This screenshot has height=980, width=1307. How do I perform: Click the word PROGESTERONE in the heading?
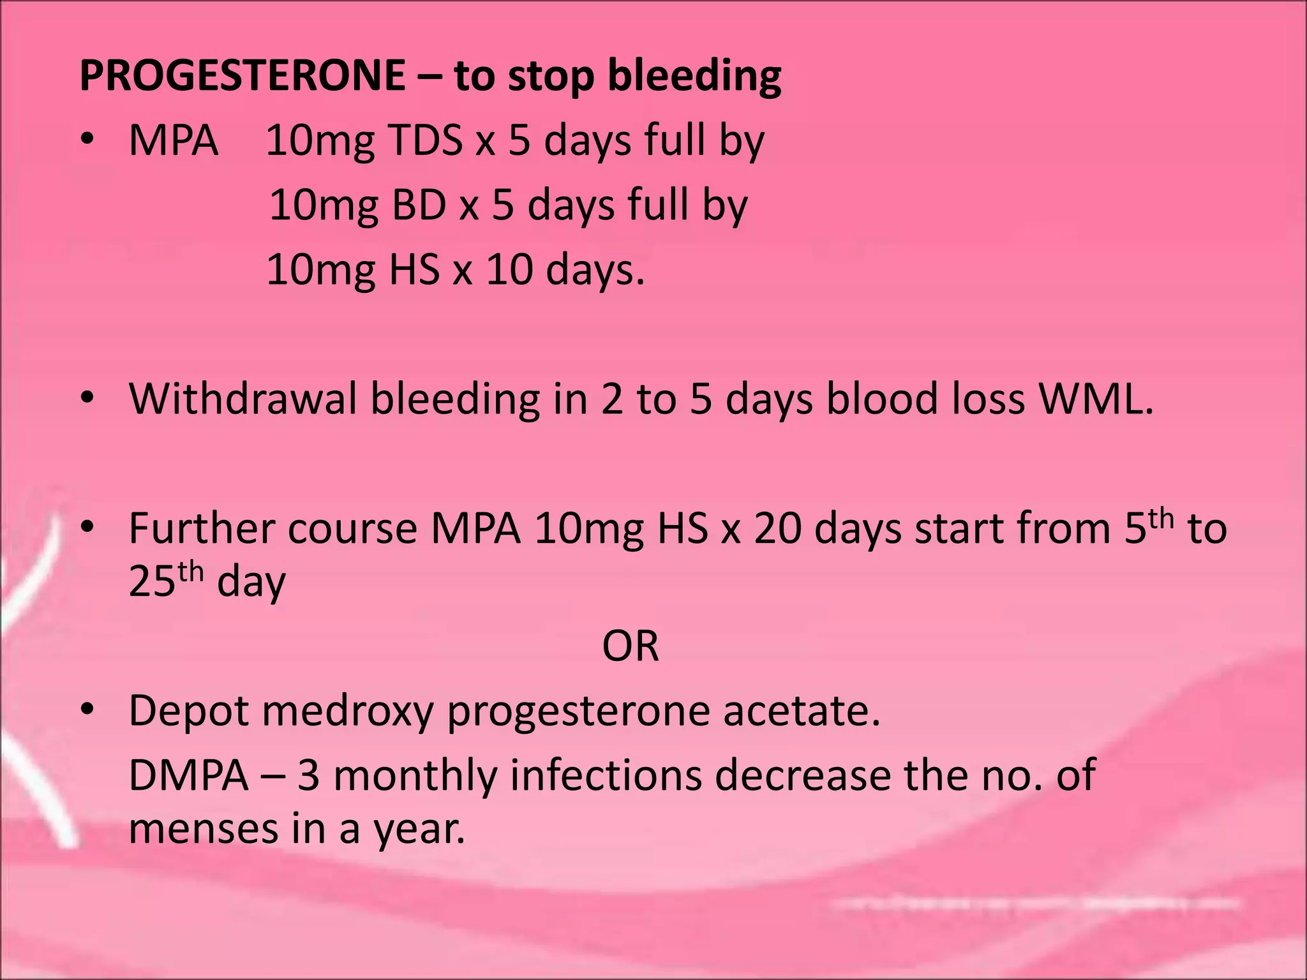pos(242,75)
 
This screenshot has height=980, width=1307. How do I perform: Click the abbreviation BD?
pos(419,205)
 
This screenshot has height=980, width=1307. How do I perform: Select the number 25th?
pos(166,581)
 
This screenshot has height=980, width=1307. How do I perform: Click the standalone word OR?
pos(630,646)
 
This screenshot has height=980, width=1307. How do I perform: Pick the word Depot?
pos(188,711)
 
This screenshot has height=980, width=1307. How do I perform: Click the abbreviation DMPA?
pos(188,776)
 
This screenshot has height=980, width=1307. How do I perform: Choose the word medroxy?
pos(348,711)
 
